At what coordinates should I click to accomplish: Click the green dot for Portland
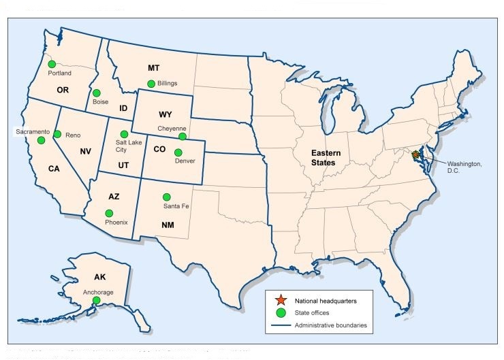(x=51, y=64)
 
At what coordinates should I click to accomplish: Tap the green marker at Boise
(x=97, y=93)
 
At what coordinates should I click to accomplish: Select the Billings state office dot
(x=151, y=84)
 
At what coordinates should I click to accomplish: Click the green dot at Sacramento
(x=42, y=140)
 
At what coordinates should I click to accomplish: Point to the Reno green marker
(x=58, y=135)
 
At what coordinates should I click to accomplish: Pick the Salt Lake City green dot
(x=124, y=134)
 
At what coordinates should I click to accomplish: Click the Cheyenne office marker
(x=182, y=137)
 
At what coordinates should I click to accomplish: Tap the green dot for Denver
(x=178, y=152)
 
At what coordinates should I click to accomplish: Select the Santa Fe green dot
(x=166, y=197)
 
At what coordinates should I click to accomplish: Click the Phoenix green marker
(x=109, y=213)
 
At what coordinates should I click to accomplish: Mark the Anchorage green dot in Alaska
(x=97, y=300)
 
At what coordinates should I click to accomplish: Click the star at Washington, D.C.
(x=416, y=155)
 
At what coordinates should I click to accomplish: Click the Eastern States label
(x=326, y=157)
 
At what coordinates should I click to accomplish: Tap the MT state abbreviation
(x=153, y=68)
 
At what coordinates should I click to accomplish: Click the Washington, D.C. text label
(x=464, y=167)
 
